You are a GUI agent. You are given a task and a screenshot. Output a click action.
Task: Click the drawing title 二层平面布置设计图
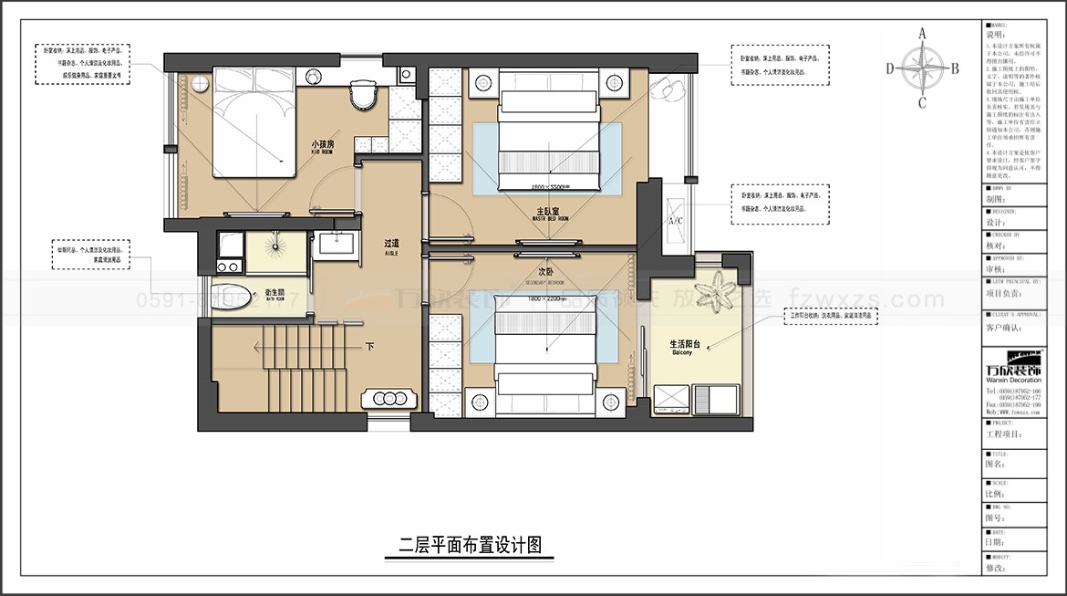tap(471, 546)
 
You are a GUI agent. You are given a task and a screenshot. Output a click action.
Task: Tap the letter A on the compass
tap(922, 34)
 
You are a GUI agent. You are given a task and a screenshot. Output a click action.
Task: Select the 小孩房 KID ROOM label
tap(323, 145)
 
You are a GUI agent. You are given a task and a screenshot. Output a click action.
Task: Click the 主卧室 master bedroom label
tap(552, 213)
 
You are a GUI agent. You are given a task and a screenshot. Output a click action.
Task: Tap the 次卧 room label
tap(545, 272)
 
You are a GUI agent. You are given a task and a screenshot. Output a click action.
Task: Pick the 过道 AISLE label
tap(392, 245)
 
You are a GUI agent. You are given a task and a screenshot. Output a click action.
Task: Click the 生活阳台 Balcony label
tap(685, 345)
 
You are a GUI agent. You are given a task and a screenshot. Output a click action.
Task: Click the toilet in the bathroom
tap(226, 296)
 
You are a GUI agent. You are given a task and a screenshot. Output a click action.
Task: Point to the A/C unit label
tap(676, 222)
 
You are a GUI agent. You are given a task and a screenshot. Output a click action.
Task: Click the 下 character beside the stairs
tap(369, 347)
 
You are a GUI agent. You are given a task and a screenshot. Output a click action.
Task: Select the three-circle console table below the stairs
tap(389, 398)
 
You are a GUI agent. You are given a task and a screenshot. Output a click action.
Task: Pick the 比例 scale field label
tap(995, 494)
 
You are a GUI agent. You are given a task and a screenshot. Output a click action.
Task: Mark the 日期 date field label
tap(995, 542)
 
